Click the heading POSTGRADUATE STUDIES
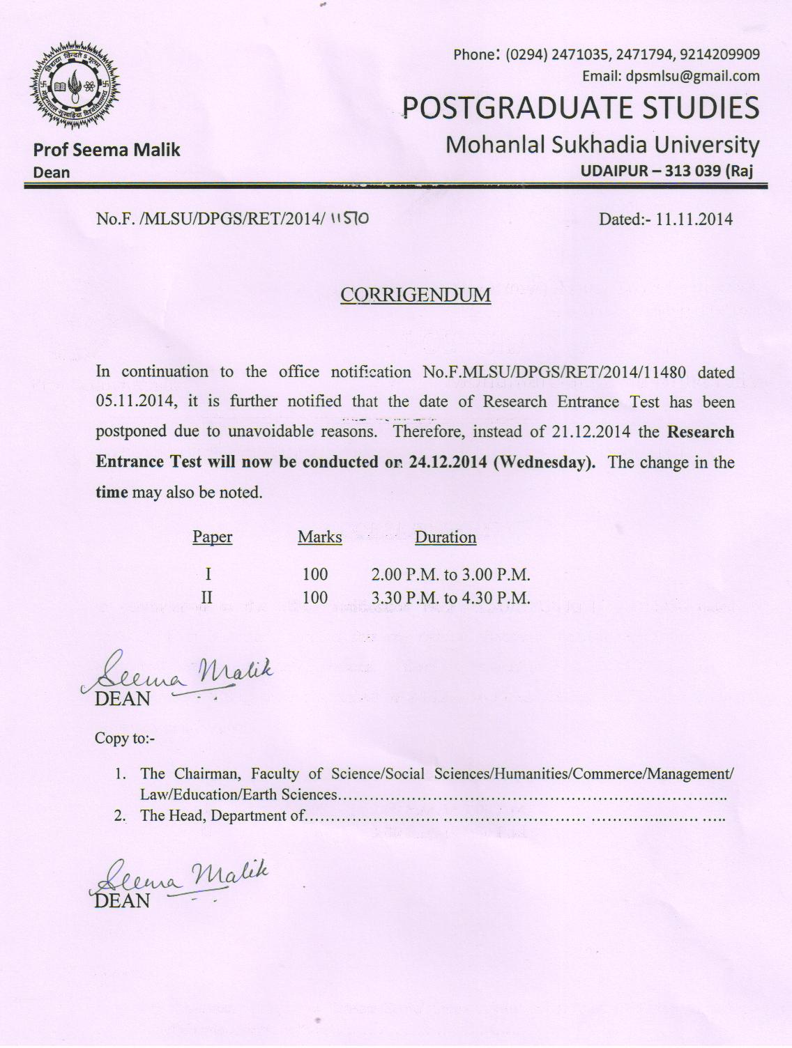pyautogui.click(x=581, y=108)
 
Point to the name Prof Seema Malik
pyautogui.click(x=107, y=150)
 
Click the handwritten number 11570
pyautogui.click(x=349, y=219)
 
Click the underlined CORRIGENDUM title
pyautogui.click(x=416, y=295)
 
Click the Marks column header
pyautogui.click(x=319, y=537)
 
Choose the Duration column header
pyautogui.click(x=445, y=537)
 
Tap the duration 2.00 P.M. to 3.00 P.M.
pyautogui.click(x=451, y=575)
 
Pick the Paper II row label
pyautogui.click(x=207, y=597)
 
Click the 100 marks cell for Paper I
pyautogui.click(x=315, y=575)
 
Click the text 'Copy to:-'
pyautogui.click(x=124, y=739)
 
